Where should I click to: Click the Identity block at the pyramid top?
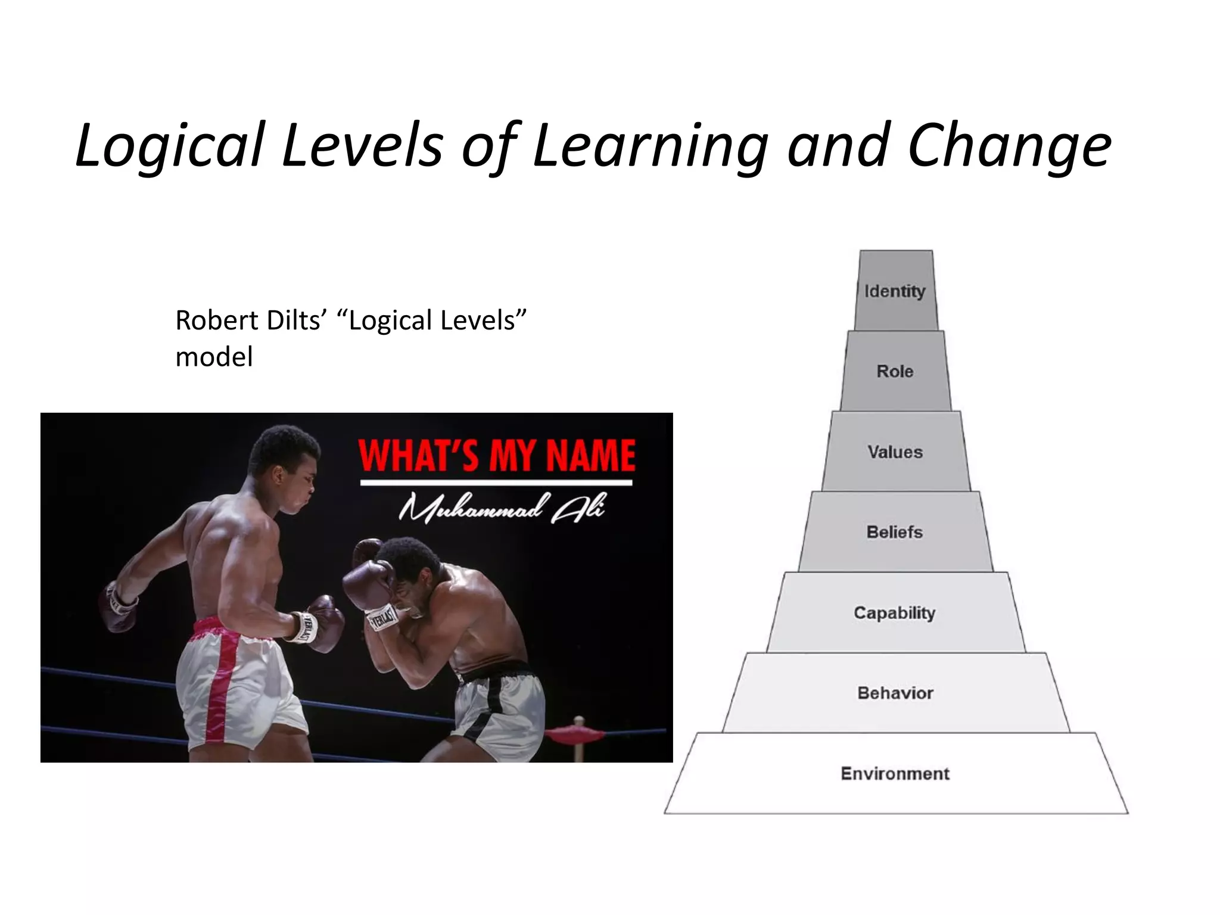pyautogui.click(x=895, y=291)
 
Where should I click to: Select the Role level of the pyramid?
pyautogui.click(x=895, y=371)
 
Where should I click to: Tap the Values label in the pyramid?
pyautogui.click(x=895, y=452)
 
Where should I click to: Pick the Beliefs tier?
pyautogui.click(x=895, y=532)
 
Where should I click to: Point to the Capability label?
pyautogui.click(x=895, y=612)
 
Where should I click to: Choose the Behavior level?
pyautogui.click(x=895, y=693)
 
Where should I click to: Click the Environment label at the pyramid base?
pyautogui.click(x=895, y=773)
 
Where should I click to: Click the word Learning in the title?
pyautogui.click(x=650, y=146)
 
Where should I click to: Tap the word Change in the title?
pyautogui.click(x=1009, y=146)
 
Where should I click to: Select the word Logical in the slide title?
pyautogui.click(x=170, y=146)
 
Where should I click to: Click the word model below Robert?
pyautogui.click(x=214, y=357)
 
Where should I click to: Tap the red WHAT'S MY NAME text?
pyautogui.click(x=497, y=456)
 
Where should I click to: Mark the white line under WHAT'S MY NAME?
pyautogui.click(x=496, y=483)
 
